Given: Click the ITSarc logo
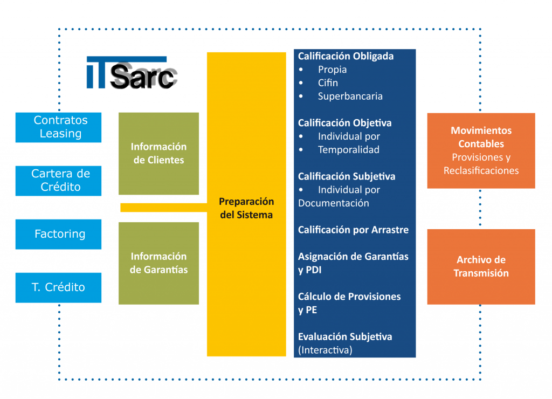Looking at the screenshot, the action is tap(132, 73).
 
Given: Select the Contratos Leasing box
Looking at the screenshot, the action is tap(58, 127).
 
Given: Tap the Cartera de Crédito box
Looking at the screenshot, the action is tap(58, 181).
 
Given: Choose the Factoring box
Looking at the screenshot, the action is tap(58, 234).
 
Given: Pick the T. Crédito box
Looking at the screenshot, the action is tap(58, 288).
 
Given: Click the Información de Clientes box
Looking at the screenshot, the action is tap(159, 154).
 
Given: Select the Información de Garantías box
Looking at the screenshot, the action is tap(159, 263).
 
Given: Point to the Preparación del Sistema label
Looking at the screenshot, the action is tap(246, 208).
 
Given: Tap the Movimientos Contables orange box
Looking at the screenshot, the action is tap(481, 151).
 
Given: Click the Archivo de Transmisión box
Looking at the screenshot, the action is tap(481, 266).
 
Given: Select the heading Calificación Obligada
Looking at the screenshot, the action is tap(346, 57).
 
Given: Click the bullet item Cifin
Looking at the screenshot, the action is tap(328, 82).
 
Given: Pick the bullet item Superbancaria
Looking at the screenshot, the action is tap(350, 96).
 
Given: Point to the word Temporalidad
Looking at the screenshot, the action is tap(349, 150).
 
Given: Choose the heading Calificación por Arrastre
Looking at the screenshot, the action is tap(353, 230).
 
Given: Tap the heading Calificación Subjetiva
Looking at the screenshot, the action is tap(347, 176).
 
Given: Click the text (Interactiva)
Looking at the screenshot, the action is tap(325, 350).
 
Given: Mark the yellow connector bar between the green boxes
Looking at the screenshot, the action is tap(164, 208).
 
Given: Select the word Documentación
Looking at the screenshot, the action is tap(333, 203).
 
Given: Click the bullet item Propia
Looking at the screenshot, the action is tap(332, 70).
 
